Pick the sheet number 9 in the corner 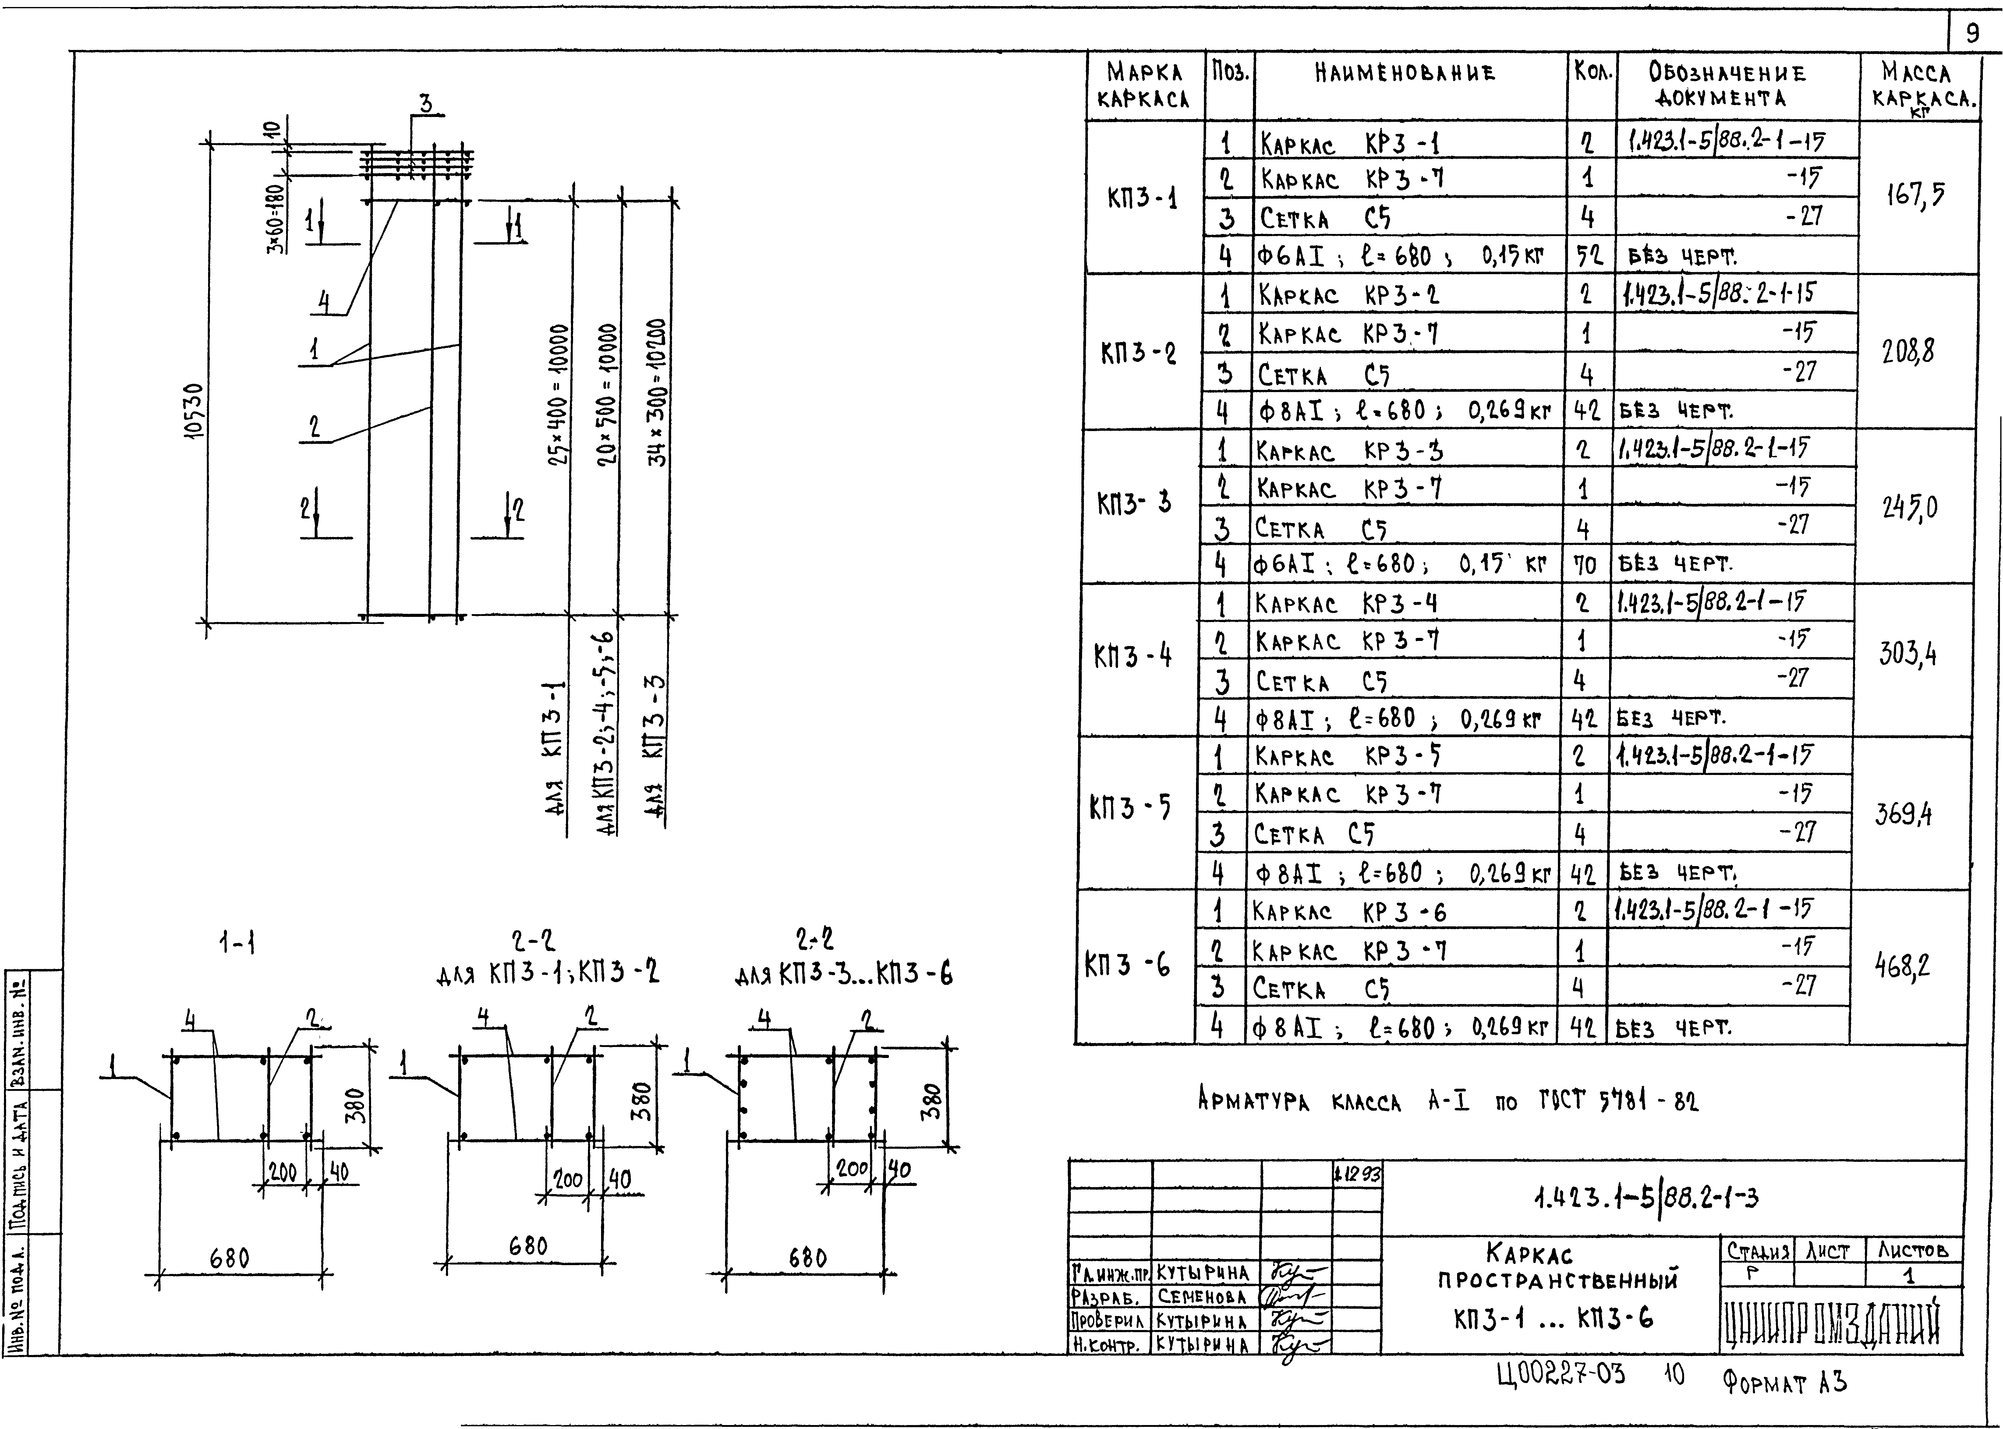coord(1973,34)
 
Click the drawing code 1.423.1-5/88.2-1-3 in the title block coord(1646,1197)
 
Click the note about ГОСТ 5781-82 coord(1448,1100)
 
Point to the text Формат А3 coord(1785,1382)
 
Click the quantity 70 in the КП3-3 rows coord(1584,564)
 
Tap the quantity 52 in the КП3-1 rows coord(1588,256)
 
